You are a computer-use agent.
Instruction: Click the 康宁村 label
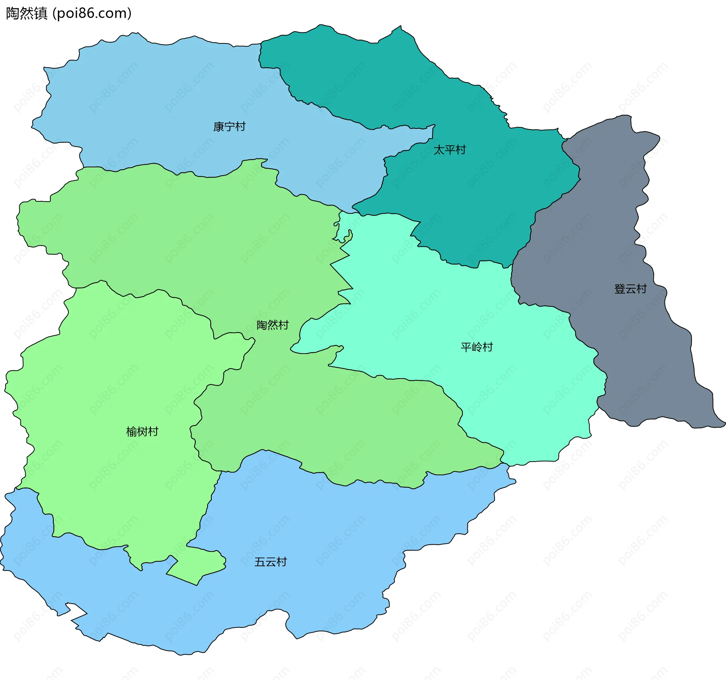tap(229, 127)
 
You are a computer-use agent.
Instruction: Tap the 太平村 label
tap(450, 150)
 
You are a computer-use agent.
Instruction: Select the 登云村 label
tap(630, 289)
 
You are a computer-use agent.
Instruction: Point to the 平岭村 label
tap(476, 347)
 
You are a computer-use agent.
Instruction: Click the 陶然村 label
tap(272, 325)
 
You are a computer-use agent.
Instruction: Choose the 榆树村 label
tap(142, 431)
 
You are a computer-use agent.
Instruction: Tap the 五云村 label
tap(270, 562)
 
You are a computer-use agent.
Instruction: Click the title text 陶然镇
tap(26, 13)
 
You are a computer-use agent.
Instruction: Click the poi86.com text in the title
tap(92, 13)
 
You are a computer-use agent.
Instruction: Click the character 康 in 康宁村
tap(219, 127)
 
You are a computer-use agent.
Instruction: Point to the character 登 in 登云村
tap(620, 289)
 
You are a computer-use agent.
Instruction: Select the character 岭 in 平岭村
tap(476, 347)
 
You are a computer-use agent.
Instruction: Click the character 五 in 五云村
tap(260, 562)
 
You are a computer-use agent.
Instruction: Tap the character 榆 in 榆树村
tap(131, 431)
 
